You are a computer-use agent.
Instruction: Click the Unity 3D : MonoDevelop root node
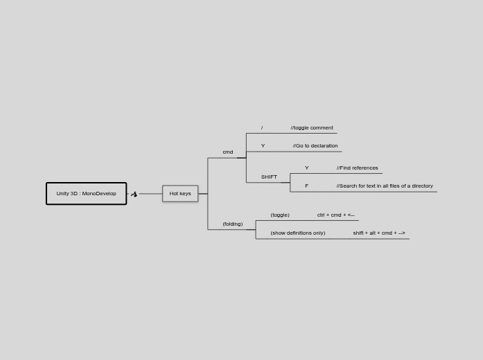tap(86, 194)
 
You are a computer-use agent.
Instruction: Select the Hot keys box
tap(180, 194)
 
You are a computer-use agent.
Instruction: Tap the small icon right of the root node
tap(134, 195)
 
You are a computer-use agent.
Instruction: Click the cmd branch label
tap(227, 152)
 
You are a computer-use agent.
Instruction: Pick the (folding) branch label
tap(232, 224)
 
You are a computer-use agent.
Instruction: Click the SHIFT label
tap(269, 177)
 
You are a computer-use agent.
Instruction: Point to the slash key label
tap(262, 128)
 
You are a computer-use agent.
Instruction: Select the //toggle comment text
tap(312, 128)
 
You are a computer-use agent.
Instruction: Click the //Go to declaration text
tap(315, 146)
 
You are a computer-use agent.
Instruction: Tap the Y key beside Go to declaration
tap(263, 146)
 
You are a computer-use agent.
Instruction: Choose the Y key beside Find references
tap(307, 168)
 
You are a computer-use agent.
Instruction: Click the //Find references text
tap(358, 168)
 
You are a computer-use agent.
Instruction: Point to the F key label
tap(306, 186)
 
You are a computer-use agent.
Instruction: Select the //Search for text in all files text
tap(385, 186)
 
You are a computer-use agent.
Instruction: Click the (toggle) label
tap(280, 215)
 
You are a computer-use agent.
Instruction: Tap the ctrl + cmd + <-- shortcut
tap(335, 215)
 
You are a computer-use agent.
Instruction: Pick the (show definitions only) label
tap(298, 233)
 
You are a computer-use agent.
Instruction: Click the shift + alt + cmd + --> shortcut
tap(379, 233)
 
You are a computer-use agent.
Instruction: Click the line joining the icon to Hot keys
tap(150, 194)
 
